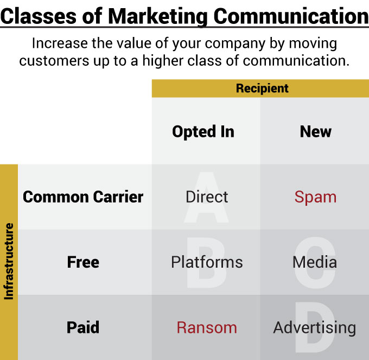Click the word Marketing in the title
158,17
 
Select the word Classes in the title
39,16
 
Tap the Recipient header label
262,89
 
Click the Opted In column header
203,132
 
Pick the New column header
316,131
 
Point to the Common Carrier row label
83,197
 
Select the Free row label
83,262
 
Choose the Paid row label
83,327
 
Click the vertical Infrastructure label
9,261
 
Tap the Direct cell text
207,197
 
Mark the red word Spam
316,197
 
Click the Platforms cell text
207,262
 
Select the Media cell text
315,262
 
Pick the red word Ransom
207,327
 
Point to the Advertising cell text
315,328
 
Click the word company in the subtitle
235,44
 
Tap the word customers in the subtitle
54,61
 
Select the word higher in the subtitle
163,61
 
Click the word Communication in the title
291,16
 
